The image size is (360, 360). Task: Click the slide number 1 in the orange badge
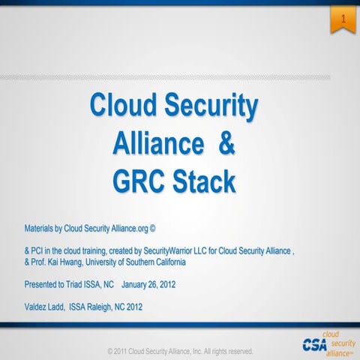click(x=342, y=16)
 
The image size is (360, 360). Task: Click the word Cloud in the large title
click(x=123, y=106)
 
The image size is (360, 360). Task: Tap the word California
click(x=186, y=262)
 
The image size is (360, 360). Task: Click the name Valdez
click(x=37, y=307)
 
